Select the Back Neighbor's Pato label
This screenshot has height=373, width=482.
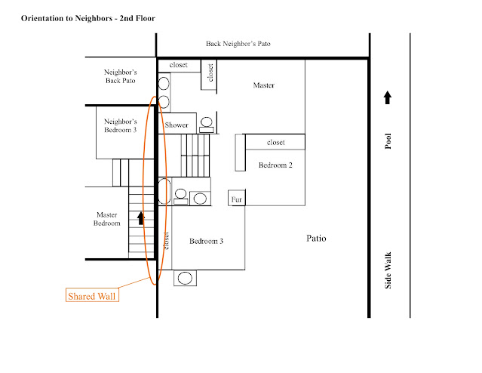click(x=238, y=44)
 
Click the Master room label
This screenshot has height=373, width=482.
click(x=263, y=85)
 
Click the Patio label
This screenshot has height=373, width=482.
click(x=316, y=238)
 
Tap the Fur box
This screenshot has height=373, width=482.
click(x=237, y=199)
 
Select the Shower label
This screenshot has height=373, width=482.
click(x=177, y=125)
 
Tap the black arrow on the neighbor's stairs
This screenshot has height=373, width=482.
click(x=140, y=218)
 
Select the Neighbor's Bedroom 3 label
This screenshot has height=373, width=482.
click(x=120, y=125)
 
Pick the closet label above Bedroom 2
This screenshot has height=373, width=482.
click(x=275, y=142)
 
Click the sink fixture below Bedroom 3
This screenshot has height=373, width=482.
click(x=186, y=279)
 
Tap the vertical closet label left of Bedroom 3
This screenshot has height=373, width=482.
click(x=166, y=239)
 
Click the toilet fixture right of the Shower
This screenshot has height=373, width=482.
click(x=206, y=122)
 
